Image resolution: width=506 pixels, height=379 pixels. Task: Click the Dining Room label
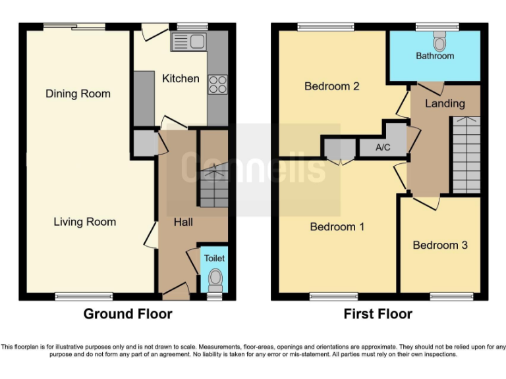pos(78,93)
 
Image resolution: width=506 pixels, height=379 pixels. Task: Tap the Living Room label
pos(84,222)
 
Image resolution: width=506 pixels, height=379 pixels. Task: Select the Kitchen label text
pos(181,78)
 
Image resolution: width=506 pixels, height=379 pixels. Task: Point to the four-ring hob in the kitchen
pos(217,84)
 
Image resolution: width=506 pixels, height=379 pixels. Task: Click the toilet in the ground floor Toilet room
pos(215,281)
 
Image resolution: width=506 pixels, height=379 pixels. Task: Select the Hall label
pos(183,222)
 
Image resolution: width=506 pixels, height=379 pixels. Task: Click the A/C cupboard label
pos(383,147)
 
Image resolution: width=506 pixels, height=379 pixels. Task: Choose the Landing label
pos(445,103)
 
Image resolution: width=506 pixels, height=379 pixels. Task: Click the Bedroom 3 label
pos(440,245)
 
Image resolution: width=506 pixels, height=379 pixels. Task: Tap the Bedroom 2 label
pos(331,86)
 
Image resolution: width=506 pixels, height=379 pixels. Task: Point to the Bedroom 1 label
pos(337,226)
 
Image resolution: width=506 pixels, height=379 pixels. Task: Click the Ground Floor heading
pos(128,314)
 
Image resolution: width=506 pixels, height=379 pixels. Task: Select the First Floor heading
pos(378,314)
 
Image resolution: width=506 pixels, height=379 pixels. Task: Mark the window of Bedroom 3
pos(451,297)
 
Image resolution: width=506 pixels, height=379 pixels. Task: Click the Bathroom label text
pos(435,56)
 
